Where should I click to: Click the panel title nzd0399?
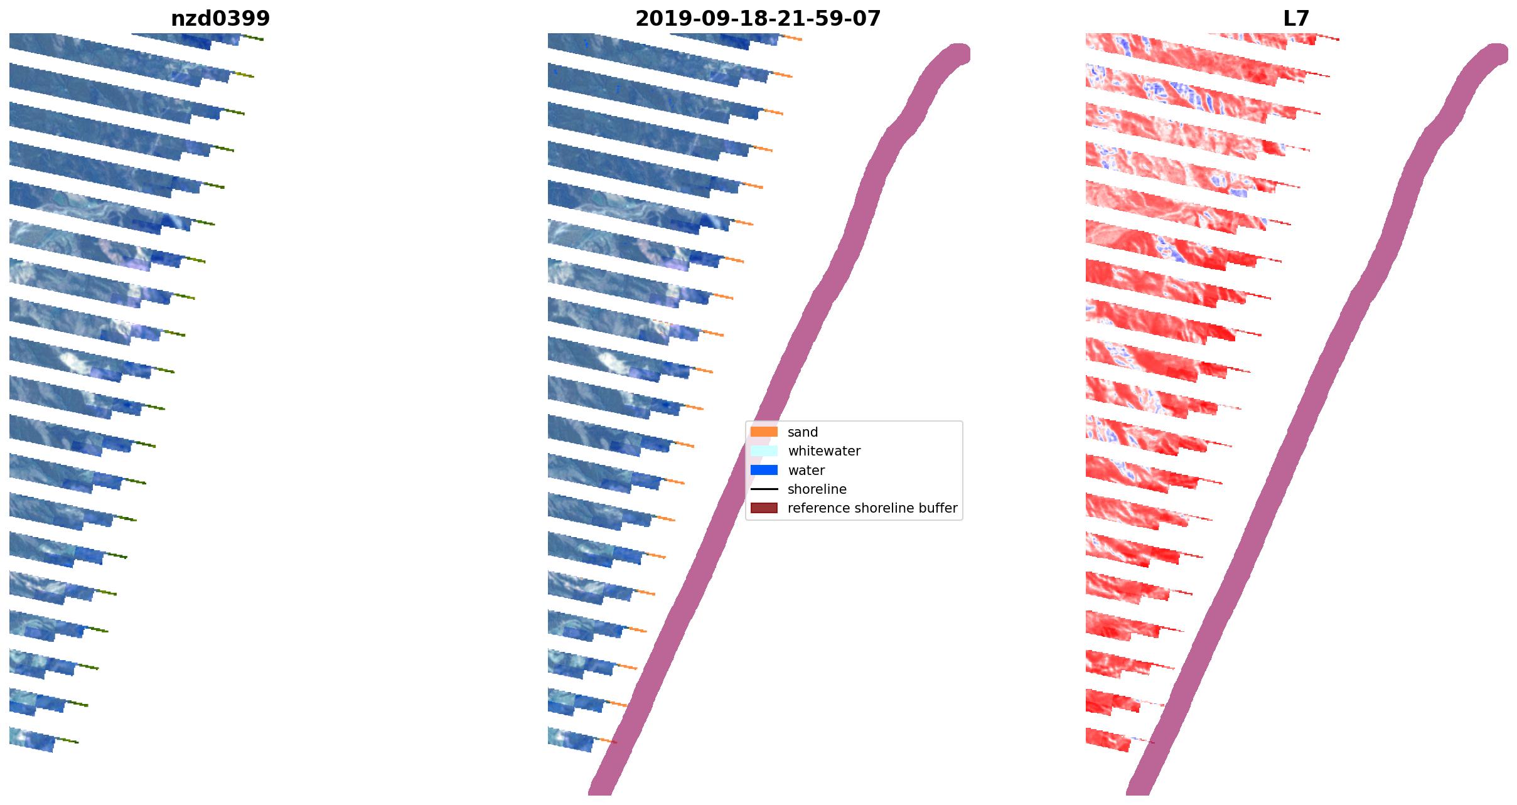click(220, 19)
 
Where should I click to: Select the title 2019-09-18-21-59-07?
click(758, 19)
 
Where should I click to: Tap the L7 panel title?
click(1296, 19)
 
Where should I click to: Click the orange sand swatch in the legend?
click(764, 432)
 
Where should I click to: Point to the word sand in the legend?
click(803, 432)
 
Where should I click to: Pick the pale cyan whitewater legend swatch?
click(764, 450)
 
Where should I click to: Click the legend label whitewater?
click(824, 451)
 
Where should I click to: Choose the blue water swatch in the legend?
click(764, 470)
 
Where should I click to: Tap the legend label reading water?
click(806, 471)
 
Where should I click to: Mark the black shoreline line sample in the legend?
click(764, 489)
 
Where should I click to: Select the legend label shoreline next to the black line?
click(817, 489)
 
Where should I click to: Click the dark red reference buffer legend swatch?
click(764, 508)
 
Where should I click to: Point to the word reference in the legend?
click(816, 508)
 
